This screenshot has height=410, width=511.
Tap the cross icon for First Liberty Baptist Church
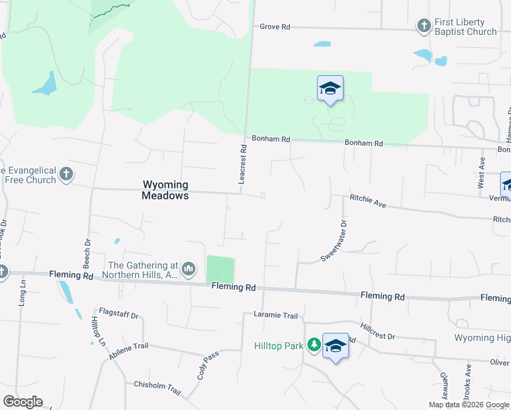coord(424,26)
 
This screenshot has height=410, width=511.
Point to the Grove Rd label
coord(275,27)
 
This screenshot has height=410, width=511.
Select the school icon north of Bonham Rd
coord(330,88)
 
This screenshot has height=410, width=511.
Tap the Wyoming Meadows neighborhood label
coord(165,190)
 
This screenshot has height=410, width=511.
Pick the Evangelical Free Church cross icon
coord(66,174)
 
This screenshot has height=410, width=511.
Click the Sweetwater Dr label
coord(333,241)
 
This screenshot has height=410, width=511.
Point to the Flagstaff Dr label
coord(119,316)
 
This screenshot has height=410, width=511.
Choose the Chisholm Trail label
coord(157,387)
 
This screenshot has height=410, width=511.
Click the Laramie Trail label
coord(276,316)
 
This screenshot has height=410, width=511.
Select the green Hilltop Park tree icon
coord(314,344)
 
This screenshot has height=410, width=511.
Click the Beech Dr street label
coord(87,252)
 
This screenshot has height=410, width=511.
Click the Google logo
coord(23,402)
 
